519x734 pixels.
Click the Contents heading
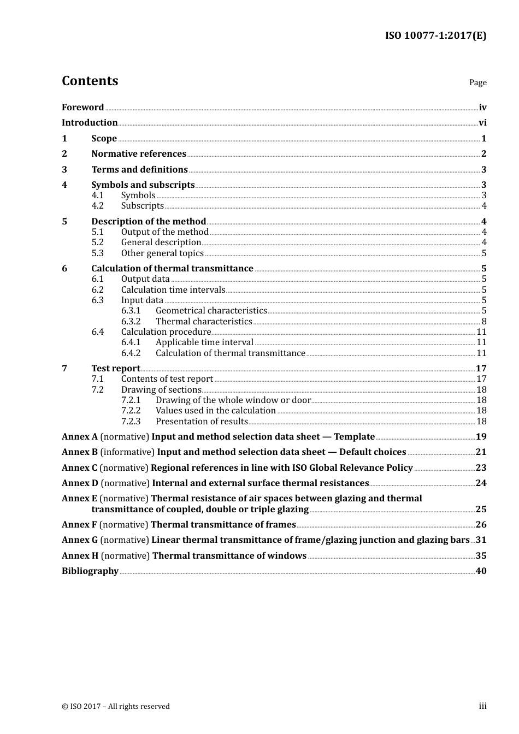pos(90,81)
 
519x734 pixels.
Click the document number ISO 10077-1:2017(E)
pos(435,35)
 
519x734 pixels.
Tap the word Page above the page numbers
pos(477,82)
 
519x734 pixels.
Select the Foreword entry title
pos(82,108)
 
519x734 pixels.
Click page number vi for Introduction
pos(482,123)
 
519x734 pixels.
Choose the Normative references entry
pos(139,154)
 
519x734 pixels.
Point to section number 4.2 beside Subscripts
pos(97,206)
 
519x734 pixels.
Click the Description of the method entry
pos(149,222)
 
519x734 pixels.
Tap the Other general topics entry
pos(162,253)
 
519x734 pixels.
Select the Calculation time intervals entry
pos(173,290)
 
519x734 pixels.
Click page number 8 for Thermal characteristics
pos(483,322)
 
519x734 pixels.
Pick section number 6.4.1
pos(131,342)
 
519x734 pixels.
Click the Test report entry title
pos(116,369)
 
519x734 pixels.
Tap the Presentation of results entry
pos(202,422)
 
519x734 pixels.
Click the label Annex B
pos(80,452)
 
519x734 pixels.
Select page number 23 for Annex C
pos(481,468)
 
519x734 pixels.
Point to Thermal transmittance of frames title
pos(223,525)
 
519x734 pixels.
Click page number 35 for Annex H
pos(481,556)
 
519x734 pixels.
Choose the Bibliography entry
pos(90,571)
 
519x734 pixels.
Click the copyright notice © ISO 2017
pos(116,707)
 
